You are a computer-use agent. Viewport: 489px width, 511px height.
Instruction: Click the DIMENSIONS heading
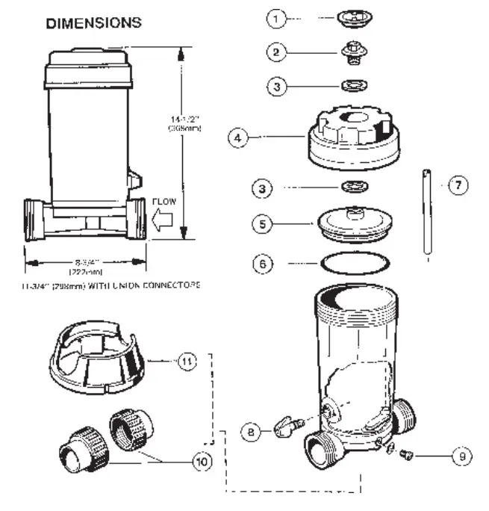pyautogui.click(x=93, y=23)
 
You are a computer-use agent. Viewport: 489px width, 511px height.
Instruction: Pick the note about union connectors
pyautogui.click(x=112, y=285)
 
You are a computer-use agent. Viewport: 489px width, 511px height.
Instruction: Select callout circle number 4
pyautogui.click(x=238, y=139)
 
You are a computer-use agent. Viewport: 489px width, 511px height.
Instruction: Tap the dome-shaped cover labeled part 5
pyautogui.click(x=350, y=225)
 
